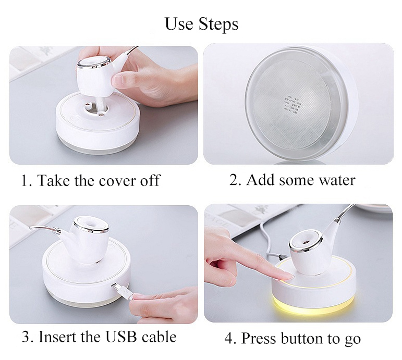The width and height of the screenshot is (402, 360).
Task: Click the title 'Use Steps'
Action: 201,24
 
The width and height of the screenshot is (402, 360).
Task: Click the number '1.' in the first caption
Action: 26,181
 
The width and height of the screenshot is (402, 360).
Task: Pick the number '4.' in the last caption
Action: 230,339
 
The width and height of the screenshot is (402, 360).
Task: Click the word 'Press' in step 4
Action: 258,339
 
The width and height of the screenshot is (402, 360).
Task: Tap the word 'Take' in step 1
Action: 52,181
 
